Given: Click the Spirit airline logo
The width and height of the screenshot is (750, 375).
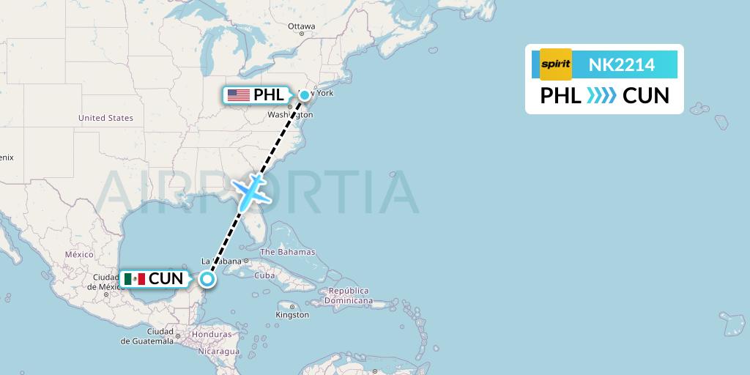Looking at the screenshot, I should point(555,64).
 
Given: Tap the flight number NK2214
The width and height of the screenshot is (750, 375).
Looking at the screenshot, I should point(622,65).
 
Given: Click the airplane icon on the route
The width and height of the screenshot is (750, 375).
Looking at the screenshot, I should point(250,190).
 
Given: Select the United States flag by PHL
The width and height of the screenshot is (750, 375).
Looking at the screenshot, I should point(238,95).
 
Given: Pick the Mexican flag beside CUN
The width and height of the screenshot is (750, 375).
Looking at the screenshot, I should point(134,279).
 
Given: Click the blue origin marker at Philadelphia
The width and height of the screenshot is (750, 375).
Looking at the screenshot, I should point(304,94).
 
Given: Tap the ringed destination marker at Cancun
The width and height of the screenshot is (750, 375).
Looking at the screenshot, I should point(208,278).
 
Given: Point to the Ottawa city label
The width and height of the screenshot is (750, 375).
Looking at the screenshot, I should point(301,26).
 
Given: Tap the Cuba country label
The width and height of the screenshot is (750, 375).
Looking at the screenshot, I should point(264,275).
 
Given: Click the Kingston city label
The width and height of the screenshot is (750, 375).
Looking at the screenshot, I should point(292,315).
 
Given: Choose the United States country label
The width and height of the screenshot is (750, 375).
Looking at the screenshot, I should point(105,118).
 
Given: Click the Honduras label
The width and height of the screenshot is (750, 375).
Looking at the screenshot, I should point(213,335).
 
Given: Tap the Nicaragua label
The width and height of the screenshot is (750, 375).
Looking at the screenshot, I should point(218,352).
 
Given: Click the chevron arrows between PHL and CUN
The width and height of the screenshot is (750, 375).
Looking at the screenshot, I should point(601,95).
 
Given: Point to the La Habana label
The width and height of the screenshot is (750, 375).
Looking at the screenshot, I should point(222,261).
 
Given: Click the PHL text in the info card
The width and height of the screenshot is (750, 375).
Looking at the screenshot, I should point(560,95).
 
